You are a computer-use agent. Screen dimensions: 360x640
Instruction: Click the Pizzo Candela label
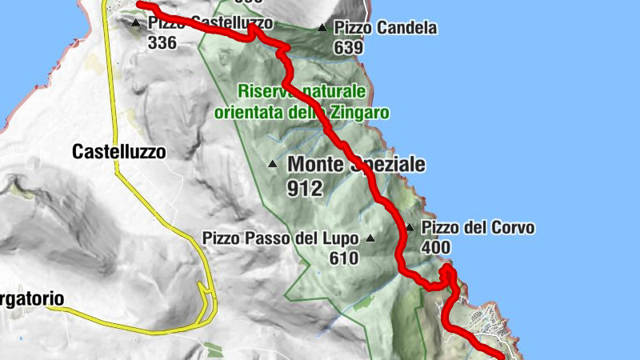pos(386,28)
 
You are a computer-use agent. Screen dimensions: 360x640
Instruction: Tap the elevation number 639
pos(349,47)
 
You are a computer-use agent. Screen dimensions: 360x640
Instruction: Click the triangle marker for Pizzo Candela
pos(322,28)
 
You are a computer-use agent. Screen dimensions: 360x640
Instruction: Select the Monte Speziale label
pos(356,165)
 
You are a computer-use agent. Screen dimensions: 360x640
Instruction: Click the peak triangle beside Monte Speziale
pos(273,165)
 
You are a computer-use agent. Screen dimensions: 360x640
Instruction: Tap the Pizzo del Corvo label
pos(478,228)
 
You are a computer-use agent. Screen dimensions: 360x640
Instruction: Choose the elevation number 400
pos(435,248)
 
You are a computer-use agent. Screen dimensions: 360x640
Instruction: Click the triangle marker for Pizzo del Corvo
pos(410,228)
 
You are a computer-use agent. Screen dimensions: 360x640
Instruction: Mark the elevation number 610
pos(344,258)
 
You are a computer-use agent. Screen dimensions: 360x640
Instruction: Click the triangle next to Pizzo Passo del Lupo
pos(370,238)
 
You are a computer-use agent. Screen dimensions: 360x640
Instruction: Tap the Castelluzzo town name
pos(118,150)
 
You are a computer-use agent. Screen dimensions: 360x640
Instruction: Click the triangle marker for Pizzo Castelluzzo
pos(136,23)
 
